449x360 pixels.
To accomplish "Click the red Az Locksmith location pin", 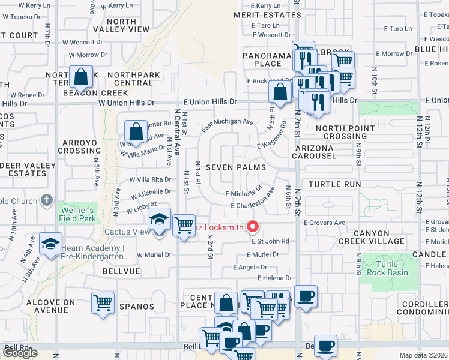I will (253, 227).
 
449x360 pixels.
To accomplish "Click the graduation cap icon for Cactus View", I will (160, 220).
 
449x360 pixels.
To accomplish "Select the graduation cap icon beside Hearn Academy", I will (50, 244).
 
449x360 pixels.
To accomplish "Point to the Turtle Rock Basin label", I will (391, 268).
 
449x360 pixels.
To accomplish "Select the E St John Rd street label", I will (270, 241).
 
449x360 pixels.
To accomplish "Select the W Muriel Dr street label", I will (154, 254).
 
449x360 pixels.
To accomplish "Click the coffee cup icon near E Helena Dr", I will (306, 296).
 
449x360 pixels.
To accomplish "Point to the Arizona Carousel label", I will (315, 152).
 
